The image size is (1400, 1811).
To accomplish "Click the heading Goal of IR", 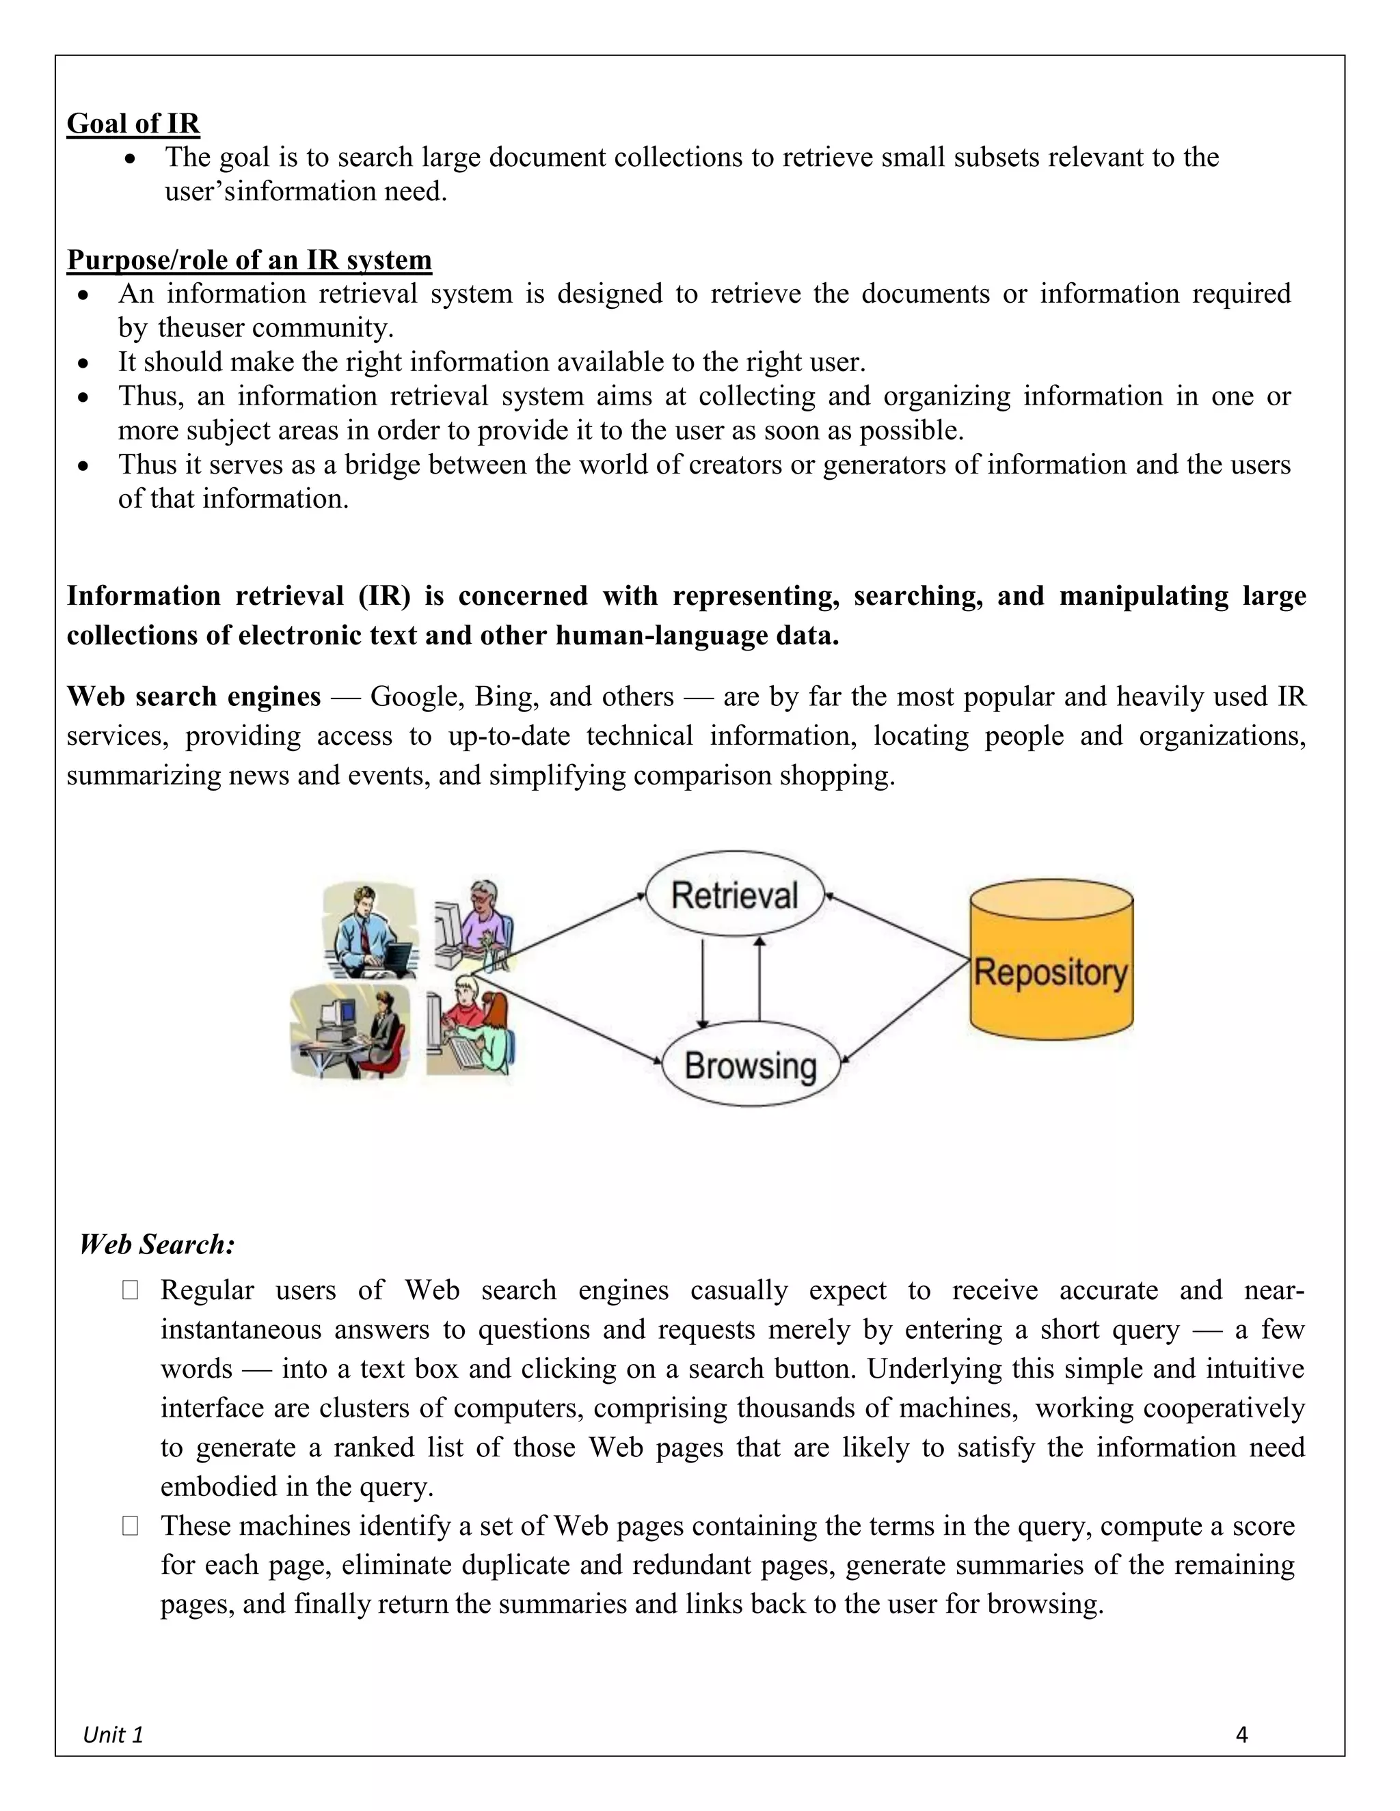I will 133,124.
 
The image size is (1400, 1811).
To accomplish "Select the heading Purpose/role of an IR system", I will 249,260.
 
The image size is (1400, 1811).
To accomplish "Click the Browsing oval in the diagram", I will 751,1065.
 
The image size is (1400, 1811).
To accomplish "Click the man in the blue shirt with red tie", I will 369,930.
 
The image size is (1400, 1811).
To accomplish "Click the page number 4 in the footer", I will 1241,1734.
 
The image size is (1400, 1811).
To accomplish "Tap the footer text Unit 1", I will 113,1734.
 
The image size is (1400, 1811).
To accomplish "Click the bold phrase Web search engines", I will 193,696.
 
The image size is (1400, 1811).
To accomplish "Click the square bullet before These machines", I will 130,1526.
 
